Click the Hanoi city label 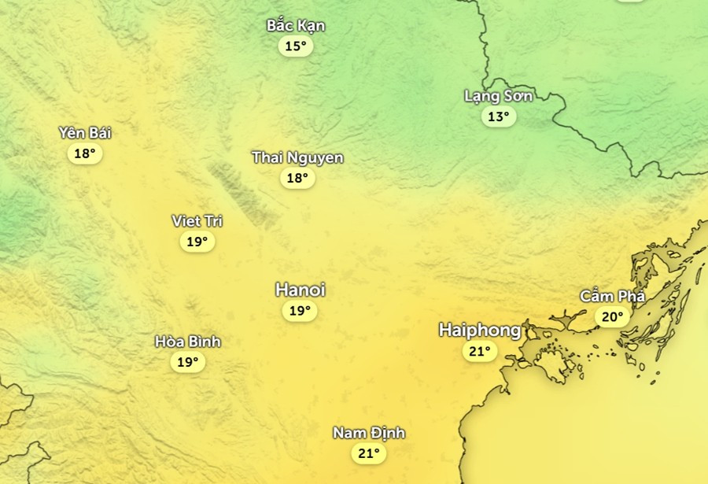click(x=300, y=290)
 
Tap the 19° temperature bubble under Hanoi click(x=299, y=311)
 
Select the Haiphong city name click(x=479, y=330)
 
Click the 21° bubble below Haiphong click(x=479, y=351)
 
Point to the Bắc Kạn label click(x=296, y=25)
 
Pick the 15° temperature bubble click(x=295, y=46)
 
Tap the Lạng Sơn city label click(x=498, y=96)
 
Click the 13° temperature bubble click(x=498, y=117)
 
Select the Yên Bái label click(x=85, y=132)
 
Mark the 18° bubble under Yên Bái click(x=85, y=153)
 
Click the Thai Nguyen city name click(x=297, y=157)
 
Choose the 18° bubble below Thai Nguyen click(x=297, y=178)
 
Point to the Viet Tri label click(x=197, y=221)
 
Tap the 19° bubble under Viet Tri click(x=197, y=242)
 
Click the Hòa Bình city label click(x=187, y=342)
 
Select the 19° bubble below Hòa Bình click(x=187, y=362)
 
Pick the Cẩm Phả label click(x=612, y=297)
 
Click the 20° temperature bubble click(x=612, y=317)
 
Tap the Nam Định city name click(x=368, y=433)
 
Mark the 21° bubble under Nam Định click(x=368, y=453)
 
